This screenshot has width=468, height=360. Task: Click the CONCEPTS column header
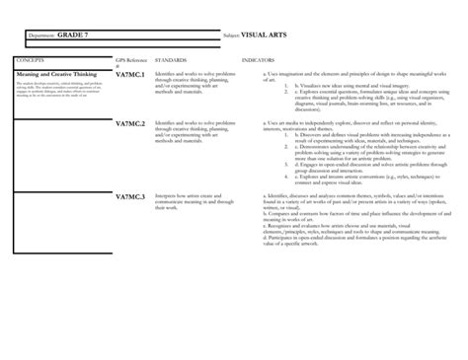pyautogui.click(x=30, y=60)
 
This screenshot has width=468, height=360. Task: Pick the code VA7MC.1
pyautogui.click(x=130, y=75)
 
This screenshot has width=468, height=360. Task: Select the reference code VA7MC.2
pyautogui.click(x=130, y=124)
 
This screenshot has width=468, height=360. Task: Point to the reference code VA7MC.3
pyautogui.click(x=130, y=197)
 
